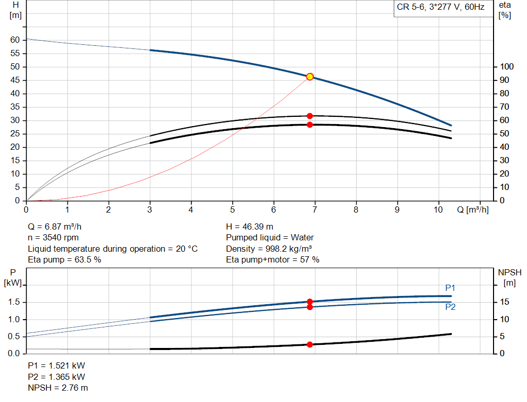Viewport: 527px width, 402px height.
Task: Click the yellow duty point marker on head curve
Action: (310, 77)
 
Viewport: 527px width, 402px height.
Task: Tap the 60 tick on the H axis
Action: (15, 40)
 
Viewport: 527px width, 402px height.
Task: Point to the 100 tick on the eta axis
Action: (507, 67)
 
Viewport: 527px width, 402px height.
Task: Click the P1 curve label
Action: (450, 288)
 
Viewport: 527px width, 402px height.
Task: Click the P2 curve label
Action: (450, 307)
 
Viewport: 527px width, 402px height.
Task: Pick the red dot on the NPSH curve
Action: (310, 344)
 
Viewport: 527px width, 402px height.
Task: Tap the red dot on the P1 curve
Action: (310, 302)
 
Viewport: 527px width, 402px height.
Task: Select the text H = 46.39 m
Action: (250, 226)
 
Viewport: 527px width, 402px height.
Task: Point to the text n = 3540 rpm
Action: (54, 238)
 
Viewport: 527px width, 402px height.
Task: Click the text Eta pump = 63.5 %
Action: (64, 260)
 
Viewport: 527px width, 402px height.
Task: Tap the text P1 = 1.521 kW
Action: (56, 365)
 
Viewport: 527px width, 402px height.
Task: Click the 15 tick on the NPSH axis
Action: (505, 302)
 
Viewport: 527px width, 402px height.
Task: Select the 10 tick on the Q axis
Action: (438, 210)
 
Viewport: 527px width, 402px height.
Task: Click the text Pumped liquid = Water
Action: (270, 238)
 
